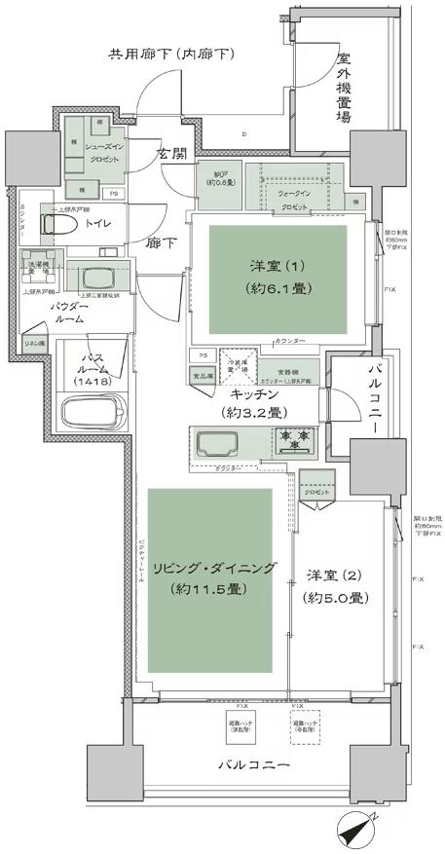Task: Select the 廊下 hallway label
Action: tap(160, 244)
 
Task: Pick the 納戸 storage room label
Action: tap(223, 180)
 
